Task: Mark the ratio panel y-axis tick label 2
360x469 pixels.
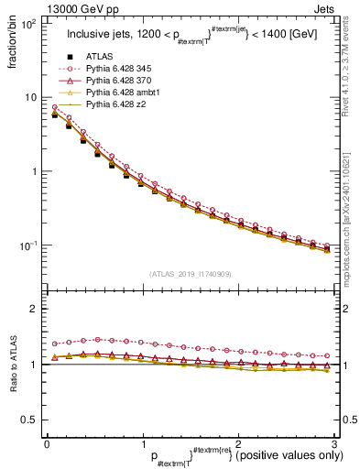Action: tap(34, 310)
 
